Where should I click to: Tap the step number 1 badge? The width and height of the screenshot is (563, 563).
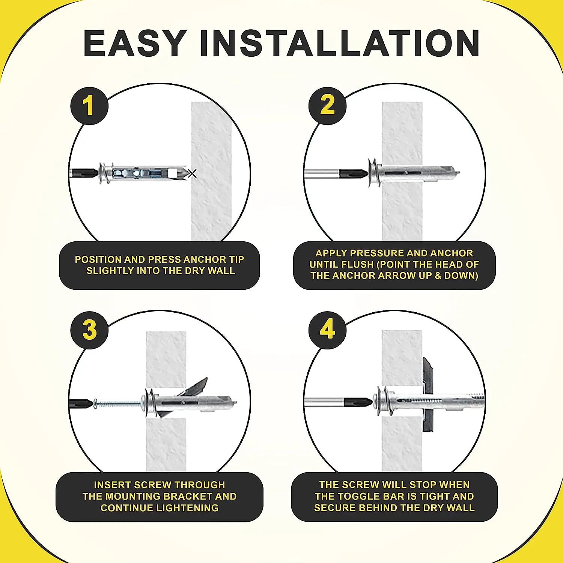pyautogui.click(x=89, y=105)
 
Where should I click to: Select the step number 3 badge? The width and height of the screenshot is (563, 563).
pyautogui.click(x=89, y=330)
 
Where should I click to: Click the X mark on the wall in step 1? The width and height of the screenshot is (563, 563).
pyautogui.click(x=192, y=173)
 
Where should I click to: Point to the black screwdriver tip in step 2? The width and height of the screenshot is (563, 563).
pyautogui.click(x=353, y=174)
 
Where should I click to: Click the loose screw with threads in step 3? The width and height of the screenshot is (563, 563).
pyautogui.click(x=116, y=404)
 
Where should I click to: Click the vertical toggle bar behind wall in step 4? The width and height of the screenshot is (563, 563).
pyautogui.click(x=428, y=394)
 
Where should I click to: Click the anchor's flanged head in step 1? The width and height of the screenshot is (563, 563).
pyautogui.click(x=105, y=173)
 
